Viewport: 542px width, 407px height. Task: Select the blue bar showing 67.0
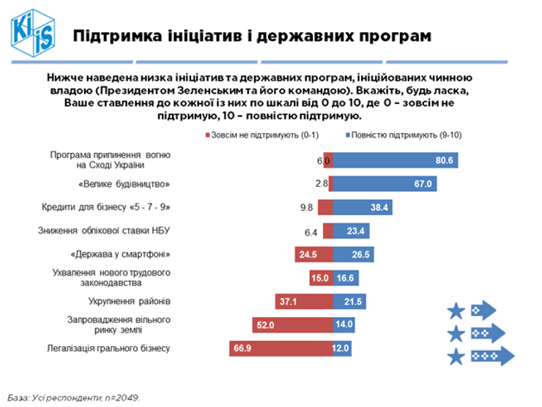pyautogui.click(x=385, y=184)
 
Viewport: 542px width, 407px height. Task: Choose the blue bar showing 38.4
pyautogui.click(x=362, y=207)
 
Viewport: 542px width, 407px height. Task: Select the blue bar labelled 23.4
pyautogui.click(x=351, y=231)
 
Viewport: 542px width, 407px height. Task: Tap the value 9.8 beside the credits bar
pyautogui.click(x=306, y=207)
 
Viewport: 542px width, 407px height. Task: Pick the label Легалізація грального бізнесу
pyautogui.click(x=110, y=348)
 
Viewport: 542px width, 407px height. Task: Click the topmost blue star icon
pyautogui.click(x=456, y=311)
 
